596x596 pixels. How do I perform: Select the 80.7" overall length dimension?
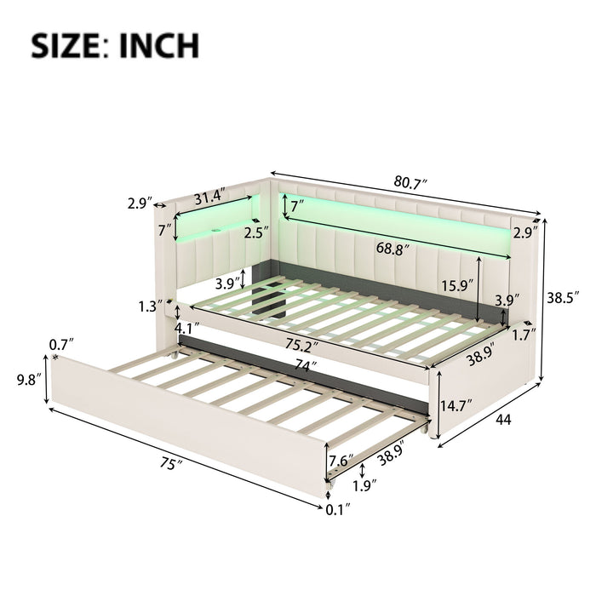pyautogui.click(x=411, y=182)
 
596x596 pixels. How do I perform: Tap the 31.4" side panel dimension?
pyautogui.click(x=209, y=196)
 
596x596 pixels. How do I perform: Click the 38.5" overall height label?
pyautogui.click(x=564, y=298)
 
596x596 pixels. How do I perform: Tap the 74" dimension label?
pyautogui.click(x=297, y=366)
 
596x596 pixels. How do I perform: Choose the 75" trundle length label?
pyautogui.click(x=175, y=465)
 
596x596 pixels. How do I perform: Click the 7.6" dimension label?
pyautogui.click(x=341, y=463)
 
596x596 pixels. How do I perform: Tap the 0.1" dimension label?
pyautogui.click(x=341, y=510)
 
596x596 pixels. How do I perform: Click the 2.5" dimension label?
pyautogui.click(x=251, y=231)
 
